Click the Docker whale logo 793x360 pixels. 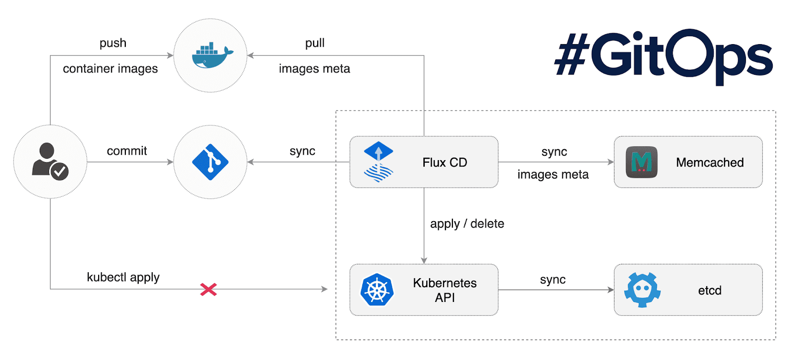click(x=212, y=56)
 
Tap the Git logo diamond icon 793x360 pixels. click(x=210, y=162)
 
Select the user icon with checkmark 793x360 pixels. click(x=50, y=162)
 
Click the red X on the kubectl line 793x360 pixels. click(x=209, y=290)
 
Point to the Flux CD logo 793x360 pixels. click(x=379, y=162)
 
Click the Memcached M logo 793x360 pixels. click(x=641, y=162)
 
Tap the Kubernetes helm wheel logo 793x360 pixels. click(x=377, y=290)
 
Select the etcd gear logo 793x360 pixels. click(x=642, y=290)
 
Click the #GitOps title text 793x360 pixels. click(x=663, y=56)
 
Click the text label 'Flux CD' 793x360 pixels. click(x=445, y=163)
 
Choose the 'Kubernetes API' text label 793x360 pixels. click(x=445, y=290)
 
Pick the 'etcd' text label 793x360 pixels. click(x=710, y=291)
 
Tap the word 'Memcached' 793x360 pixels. click(x=710, y=163)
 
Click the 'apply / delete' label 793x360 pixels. click(x=467, y=224)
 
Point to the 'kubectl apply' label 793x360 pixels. click(x=123, y=277)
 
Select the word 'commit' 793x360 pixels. click(x=127, y=151)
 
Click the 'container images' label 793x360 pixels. click(x=110, y=69)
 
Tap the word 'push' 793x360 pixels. click(x=113, y=43)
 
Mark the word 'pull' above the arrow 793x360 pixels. click(x=315, y=43)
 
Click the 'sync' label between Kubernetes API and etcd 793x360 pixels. click(x=553, y=280)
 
